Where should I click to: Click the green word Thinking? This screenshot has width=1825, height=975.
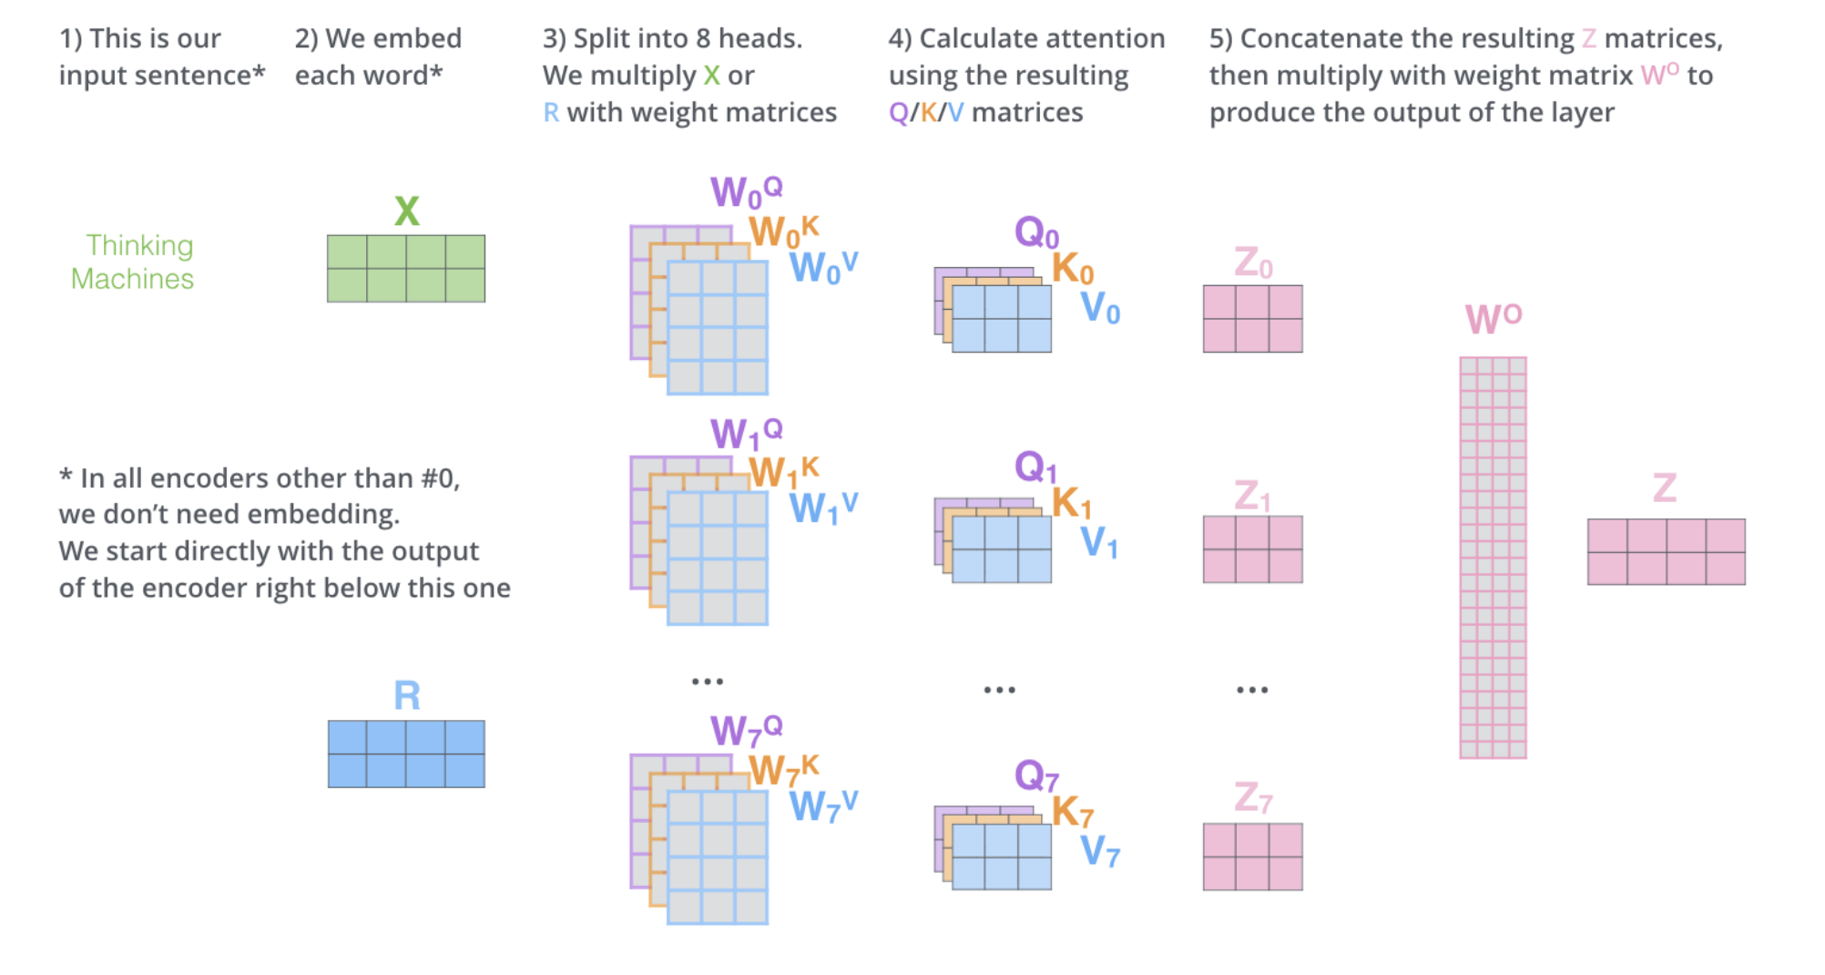139,245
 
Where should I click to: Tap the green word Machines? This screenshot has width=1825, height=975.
132,279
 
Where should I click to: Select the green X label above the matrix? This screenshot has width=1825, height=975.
406,211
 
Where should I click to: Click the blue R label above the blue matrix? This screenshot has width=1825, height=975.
406,696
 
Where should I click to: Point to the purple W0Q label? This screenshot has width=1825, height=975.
746,191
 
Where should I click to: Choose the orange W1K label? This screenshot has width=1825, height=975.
783,472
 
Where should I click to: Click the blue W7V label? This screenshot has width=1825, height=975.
822,806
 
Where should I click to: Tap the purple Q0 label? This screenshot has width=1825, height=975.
1036,232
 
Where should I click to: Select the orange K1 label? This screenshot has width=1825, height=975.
1071,503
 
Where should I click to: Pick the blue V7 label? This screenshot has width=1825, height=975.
1099,851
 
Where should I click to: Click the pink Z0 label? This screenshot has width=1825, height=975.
1253,262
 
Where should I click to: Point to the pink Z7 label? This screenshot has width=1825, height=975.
1253,797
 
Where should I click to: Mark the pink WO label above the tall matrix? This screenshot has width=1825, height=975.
1493,318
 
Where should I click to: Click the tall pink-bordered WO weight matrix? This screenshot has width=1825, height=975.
1493,558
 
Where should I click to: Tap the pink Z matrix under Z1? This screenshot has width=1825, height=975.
1252,549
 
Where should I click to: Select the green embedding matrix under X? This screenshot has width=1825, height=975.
406,269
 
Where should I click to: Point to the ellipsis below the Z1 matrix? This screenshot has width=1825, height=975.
1252,690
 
